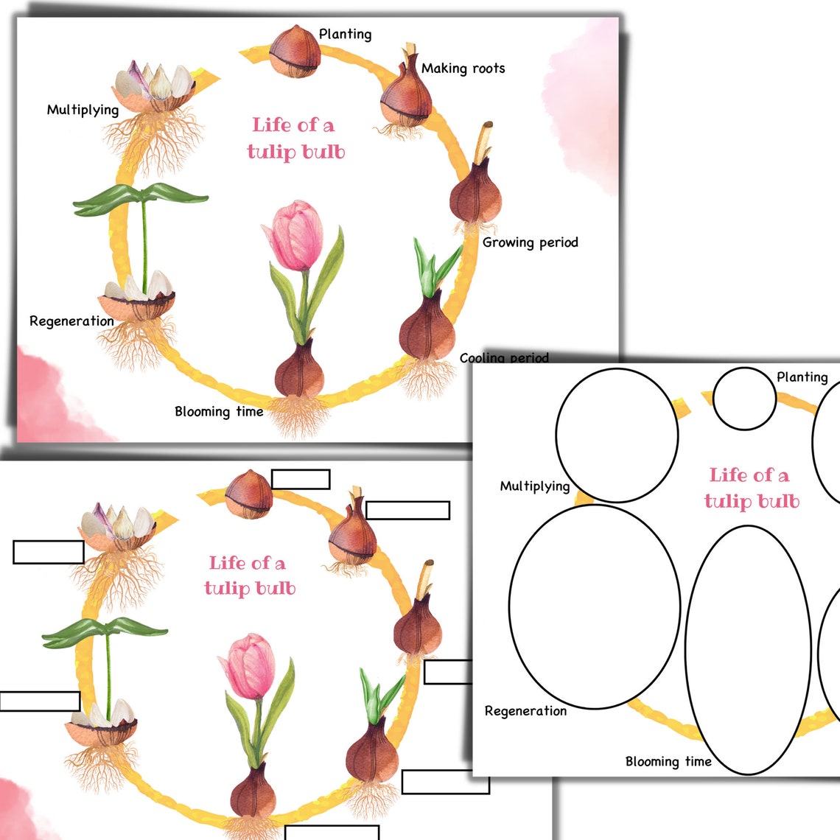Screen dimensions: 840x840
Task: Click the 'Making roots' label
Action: (x=463, y=69)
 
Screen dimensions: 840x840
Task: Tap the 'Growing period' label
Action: (x=530, y=242)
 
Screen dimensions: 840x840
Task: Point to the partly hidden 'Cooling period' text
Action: (x=504, y=357)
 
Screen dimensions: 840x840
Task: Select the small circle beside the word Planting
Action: (x=744, y=399)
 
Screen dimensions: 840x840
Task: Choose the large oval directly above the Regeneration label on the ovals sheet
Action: (x=594, y=606)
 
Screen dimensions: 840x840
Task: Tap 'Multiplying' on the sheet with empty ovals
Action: (x=534, y=486)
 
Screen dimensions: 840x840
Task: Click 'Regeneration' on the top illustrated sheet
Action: (x=71, y=321)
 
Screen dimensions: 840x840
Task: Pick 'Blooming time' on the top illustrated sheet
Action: (x=219, y=412)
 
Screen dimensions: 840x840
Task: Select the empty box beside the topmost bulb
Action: (x=300, y=479)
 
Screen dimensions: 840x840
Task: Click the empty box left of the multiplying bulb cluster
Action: (x=49, y=553)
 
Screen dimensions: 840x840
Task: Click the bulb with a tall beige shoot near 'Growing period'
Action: (x=475, y=188)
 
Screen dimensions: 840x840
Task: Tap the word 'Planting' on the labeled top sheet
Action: (x=345, y=34)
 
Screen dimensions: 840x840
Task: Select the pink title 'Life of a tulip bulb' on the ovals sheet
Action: (x=750, y=488)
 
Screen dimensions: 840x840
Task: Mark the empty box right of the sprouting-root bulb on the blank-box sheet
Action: (x=407, y=511)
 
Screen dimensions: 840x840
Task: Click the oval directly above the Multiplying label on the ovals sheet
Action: (x=617, y=435)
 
